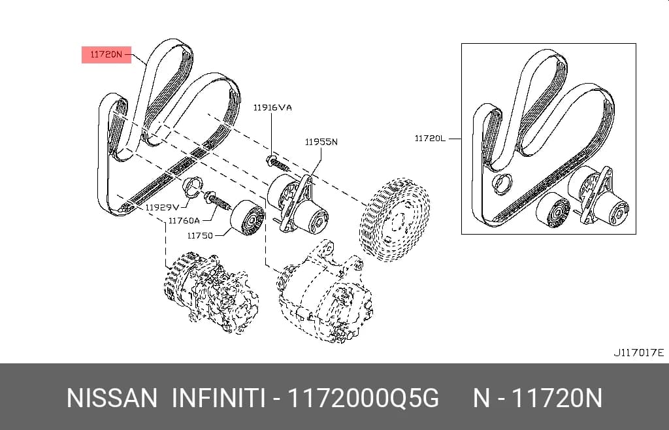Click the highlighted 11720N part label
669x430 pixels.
106,55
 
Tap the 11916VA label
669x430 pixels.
272,107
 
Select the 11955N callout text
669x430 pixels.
321,142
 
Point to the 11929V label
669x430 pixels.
162,207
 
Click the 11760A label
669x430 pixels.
184,220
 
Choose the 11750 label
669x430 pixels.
200,235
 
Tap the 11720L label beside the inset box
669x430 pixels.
430,139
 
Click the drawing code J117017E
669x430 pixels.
639,353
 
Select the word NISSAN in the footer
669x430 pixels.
112,399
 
